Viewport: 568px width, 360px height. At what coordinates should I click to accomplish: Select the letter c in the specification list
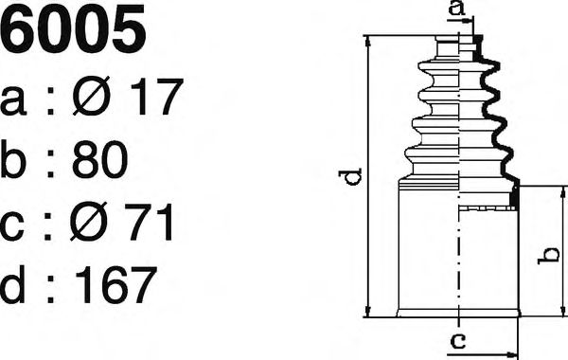pyautogui.click(x=16, y=225)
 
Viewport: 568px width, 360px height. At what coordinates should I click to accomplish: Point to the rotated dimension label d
pyautogui.click(x=351, y=177)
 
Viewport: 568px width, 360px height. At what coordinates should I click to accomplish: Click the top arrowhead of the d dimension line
pyautogui.click(x=366, y=39)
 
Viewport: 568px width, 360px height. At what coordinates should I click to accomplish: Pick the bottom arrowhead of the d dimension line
pyautogui.click(x=366, y=314)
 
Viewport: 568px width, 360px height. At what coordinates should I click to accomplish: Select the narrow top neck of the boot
pyautogui.click(x=458, y=47)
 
